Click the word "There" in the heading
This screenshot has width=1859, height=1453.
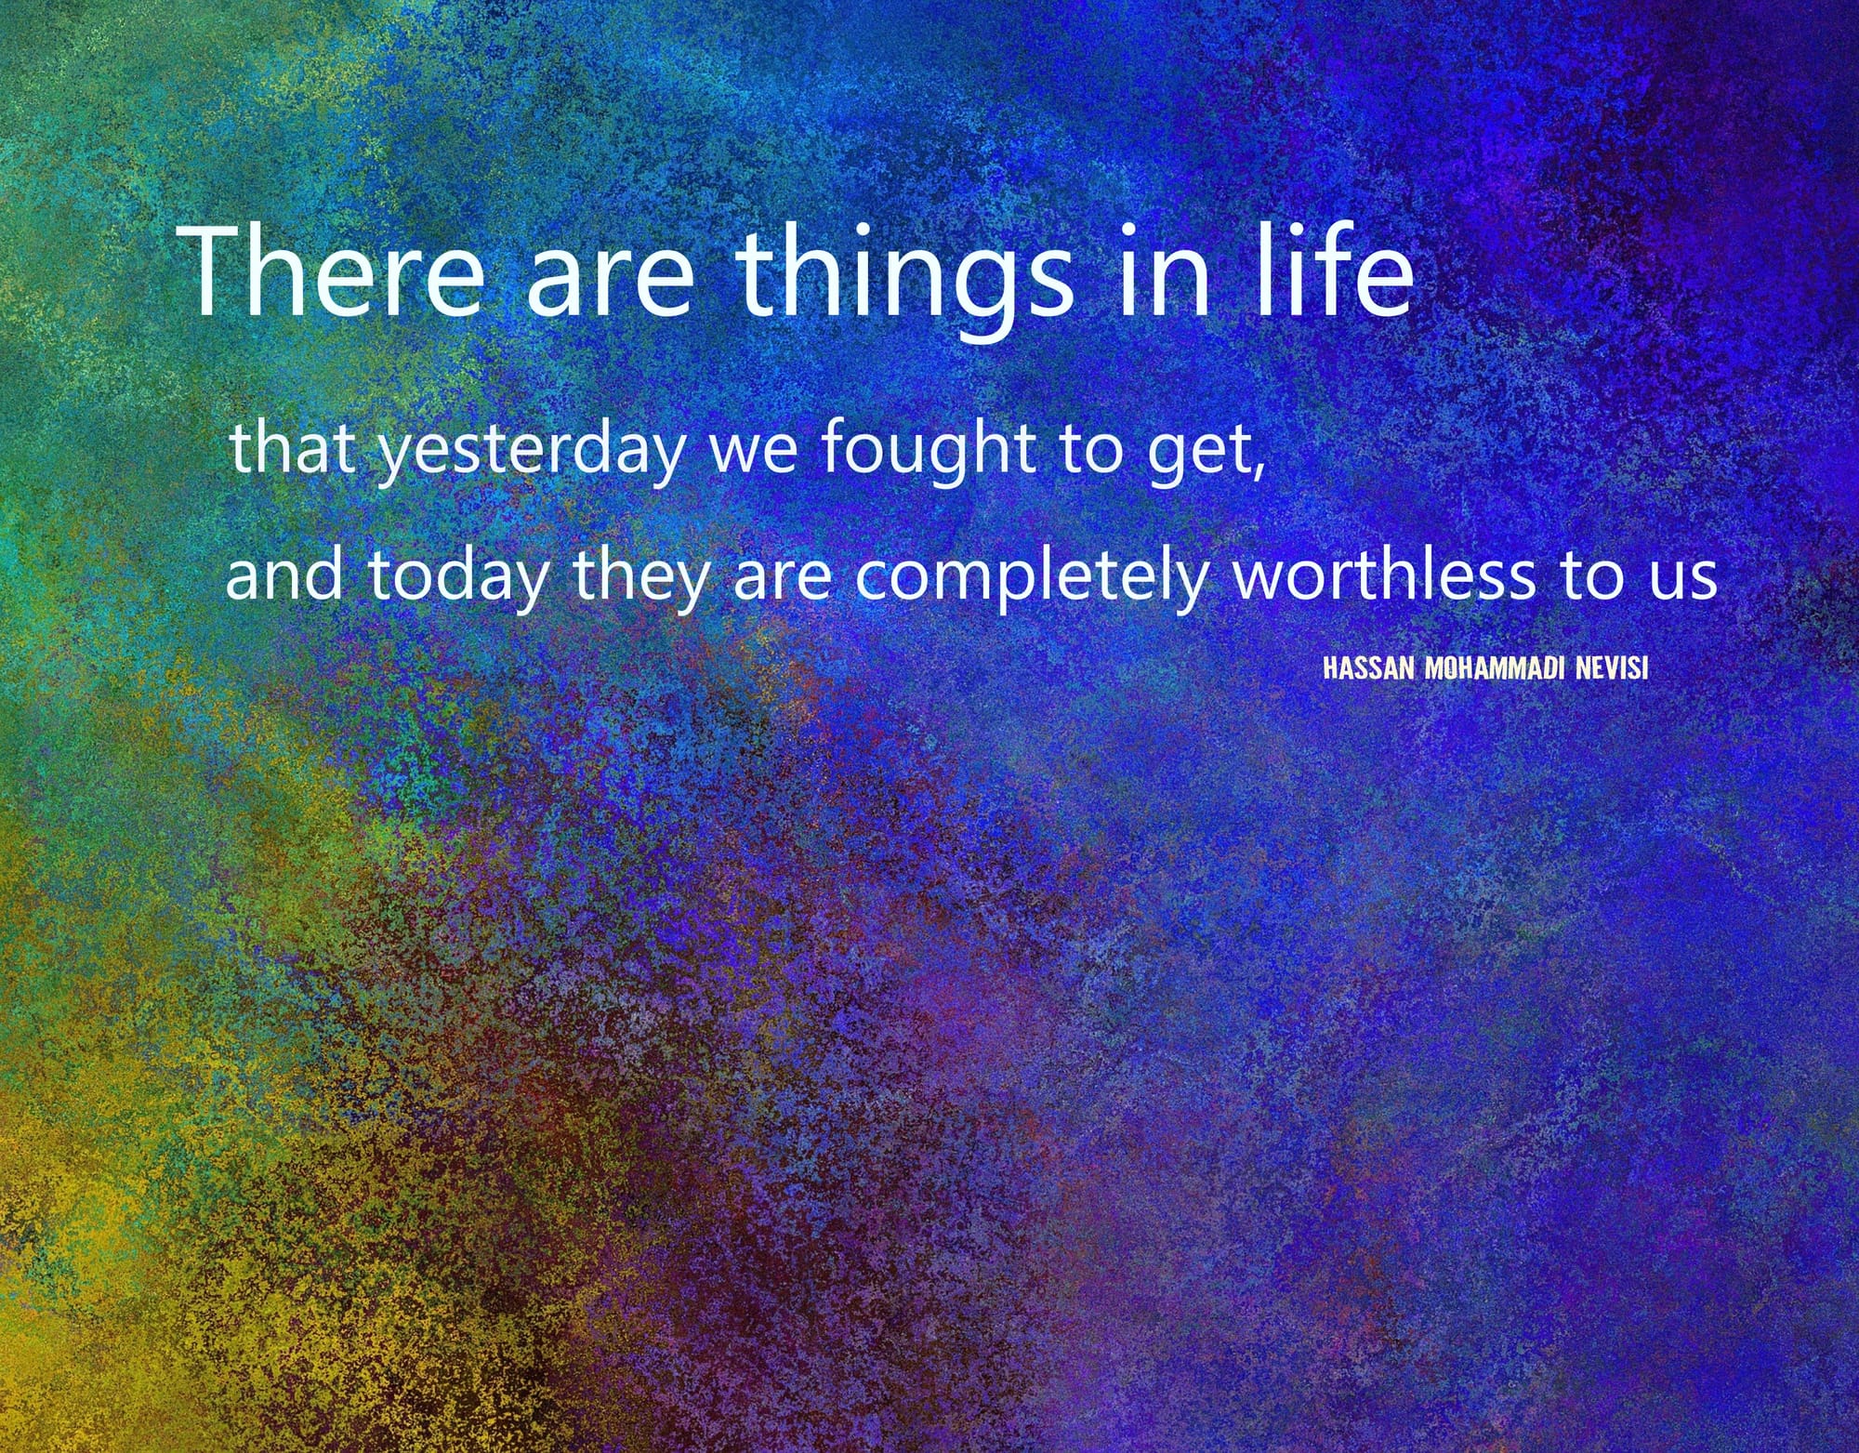(x=330, y=271)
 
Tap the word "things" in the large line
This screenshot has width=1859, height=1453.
(x=904, y=280)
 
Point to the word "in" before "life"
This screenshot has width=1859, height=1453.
(x=1165, y=271)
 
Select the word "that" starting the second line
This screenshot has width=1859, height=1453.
(x=292, y=447)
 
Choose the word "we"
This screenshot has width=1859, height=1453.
(x=754, y=455)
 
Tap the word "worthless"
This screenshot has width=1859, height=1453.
(x=1384, y=573)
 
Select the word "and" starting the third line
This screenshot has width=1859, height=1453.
(x=284, y=573)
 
